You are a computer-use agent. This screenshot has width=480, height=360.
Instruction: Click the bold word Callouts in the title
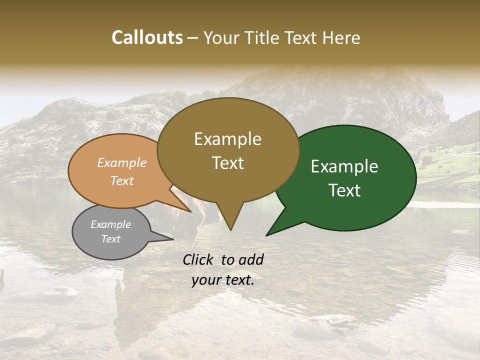click(147, 38)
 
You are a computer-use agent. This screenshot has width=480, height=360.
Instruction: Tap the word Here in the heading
click(341, 38)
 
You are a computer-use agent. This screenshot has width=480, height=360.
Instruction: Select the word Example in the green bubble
click(344, 166)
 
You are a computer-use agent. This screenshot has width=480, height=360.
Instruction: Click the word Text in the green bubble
click(344, 190)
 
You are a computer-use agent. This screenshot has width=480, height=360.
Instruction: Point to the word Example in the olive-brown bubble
click(227, 139)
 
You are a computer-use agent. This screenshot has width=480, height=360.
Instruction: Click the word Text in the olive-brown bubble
click(227, 163)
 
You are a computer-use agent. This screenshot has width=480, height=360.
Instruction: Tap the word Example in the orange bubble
click(122, 163)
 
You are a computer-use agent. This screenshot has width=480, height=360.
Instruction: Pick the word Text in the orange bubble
click(122, 180)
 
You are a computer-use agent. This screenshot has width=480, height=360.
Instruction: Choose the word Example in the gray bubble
click(110, 224)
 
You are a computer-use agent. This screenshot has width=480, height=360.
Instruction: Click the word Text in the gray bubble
click(110, 239)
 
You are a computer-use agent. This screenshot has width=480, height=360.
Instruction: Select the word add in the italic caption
click(251, 259)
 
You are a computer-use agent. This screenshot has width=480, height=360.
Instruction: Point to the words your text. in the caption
click(223, 280)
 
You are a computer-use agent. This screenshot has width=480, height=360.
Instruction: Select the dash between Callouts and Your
click(192, 38)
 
